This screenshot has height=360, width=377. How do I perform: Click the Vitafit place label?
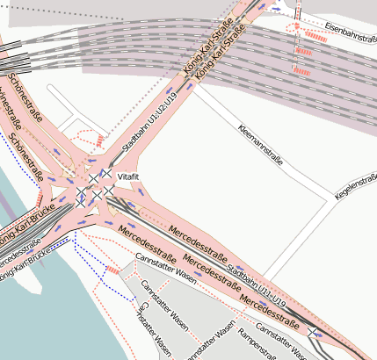click(128, 178)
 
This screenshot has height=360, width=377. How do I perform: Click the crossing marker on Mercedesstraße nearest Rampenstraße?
click(312, 331)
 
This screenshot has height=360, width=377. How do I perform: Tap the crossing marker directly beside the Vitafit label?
click(106, 175)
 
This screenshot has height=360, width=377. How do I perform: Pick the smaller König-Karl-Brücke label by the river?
click(25, 272)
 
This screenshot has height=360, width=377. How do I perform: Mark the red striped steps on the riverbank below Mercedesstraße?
click(112, 271)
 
